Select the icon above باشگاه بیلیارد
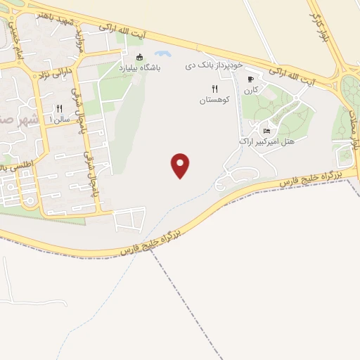click(139, 58)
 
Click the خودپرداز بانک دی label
click(214, 64)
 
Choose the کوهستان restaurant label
click(214, 101)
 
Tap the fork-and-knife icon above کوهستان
click(214, 89)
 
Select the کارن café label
click(251, 90)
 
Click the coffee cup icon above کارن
click(250, 79)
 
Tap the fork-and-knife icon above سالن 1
click(59, 108)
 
